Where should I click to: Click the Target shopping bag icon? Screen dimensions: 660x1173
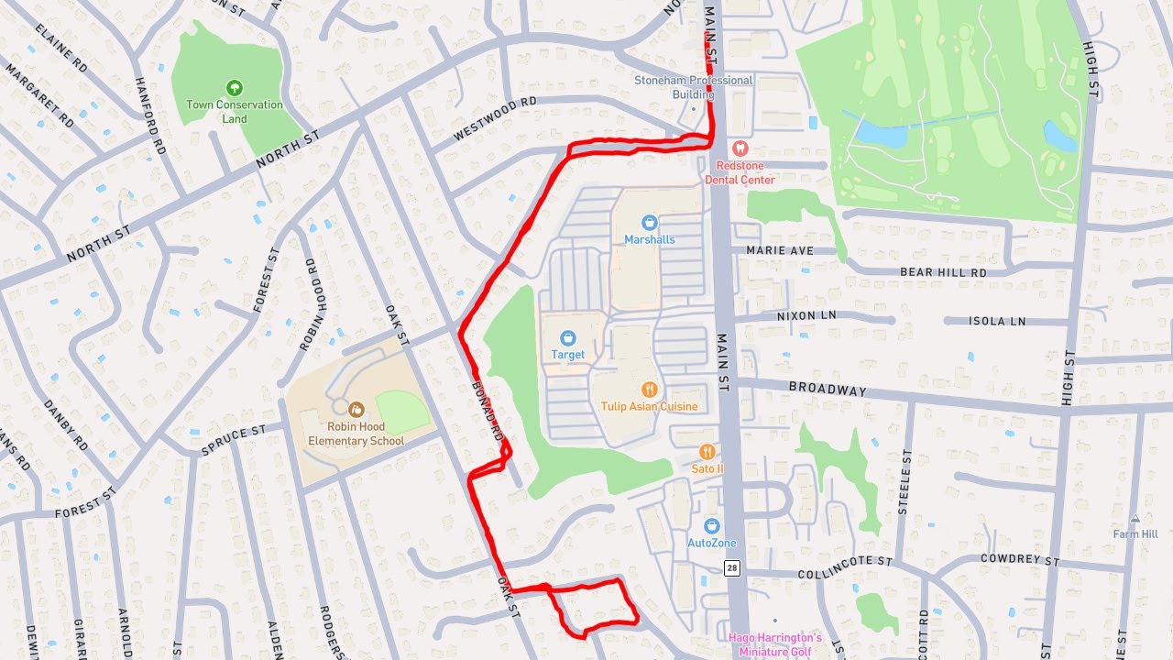pyautogui.click(x=567, y=339)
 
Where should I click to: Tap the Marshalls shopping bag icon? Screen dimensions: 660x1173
pyautogui.click(x=649, y=223)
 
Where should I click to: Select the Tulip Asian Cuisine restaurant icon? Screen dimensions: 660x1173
pyautogui.click(x=649, y=390)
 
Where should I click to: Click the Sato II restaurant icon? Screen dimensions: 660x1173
pyautogui.click(x=707, y=452)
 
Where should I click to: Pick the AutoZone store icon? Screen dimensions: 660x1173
pyautogui.click(x=712, y=526)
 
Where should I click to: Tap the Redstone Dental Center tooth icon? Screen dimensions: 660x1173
pyautogui.click(x=740, y=148)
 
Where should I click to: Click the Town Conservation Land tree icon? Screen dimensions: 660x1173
pyautogui.click(x=235, y=88)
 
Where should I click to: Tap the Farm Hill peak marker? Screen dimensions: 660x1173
pyautogui.click(x=1135, y=520)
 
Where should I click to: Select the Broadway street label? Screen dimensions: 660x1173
pyautogui.click(x=828, y=389)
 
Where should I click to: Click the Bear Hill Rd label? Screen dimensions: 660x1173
pyautogui.click(x=943, y=272)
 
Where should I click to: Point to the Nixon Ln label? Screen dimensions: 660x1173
pyautogui.click(x=806, y=314)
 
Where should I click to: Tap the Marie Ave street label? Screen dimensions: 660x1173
pyautogui.click(x=780, y=249)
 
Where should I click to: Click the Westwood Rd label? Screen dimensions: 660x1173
pyautogui.click(x=495, y=120)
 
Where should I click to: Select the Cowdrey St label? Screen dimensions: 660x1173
pyautogui.click(x=1019, y=559)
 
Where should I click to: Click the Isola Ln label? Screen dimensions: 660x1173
pyautogui.click(x=998, y=322)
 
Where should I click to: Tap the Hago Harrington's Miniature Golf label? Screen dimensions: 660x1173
pyautogui.click(x=775, y=644)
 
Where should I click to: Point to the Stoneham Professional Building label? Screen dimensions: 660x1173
pyautogui.click(x=694, y=87)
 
